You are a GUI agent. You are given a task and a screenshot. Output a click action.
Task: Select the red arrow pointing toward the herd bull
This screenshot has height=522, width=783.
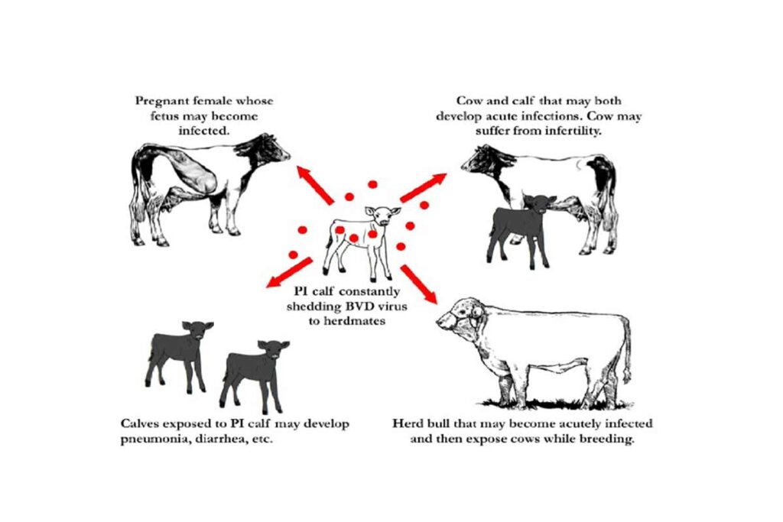click(418, 284)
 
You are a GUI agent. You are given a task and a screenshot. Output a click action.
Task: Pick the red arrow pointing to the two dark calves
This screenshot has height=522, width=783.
click(289, 273)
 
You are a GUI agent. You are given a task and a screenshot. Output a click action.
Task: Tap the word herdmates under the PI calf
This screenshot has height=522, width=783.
click(353, 321)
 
